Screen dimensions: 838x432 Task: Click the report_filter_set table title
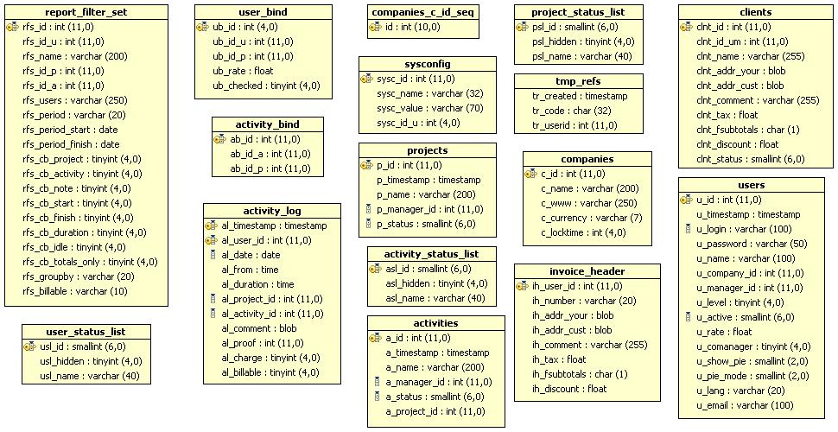point(86,12)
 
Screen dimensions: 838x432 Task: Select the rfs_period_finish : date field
point(71,144)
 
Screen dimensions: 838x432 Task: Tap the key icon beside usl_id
point(29,347)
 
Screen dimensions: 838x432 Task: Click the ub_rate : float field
point(243,71)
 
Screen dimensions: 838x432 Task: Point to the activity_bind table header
point(267,124)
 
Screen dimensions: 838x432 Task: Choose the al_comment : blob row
point(258,329)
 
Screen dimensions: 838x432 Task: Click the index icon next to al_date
point(213,255)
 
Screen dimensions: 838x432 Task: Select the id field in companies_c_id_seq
point(413,27)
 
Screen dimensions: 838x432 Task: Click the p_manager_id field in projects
point(429,210)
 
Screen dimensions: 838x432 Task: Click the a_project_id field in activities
point(435,411)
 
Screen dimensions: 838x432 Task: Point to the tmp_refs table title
point(578,81)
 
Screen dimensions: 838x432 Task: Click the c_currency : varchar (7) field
point(592,218)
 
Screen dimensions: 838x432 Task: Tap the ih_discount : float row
point(569,389)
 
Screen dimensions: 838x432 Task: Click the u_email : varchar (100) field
point(745,406)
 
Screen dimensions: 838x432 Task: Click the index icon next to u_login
point(688,229)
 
